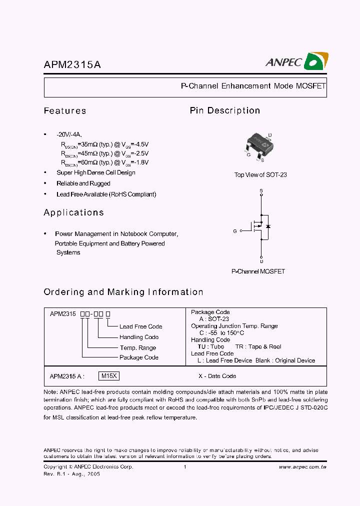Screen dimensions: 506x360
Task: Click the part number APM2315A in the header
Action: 72,65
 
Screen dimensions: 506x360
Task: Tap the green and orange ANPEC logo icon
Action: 316,61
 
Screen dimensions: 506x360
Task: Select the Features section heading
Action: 65,111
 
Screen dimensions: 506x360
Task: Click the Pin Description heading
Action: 224,110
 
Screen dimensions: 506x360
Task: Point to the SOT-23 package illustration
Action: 259,145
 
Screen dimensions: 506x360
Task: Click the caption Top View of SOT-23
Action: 260,175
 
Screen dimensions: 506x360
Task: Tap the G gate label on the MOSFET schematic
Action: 234,231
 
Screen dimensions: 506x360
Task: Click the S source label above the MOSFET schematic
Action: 261,191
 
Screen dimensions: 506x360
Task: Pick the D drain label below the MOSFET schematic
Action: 261,261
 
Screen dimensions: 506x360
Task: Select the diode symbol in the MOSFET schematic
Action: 268,226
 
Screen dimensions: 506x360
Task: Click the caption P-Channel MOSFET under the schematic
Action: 258,271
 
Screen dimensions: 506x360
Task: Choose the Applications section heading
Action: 73,212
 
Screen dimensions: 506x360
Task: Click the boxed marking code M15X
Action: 109,376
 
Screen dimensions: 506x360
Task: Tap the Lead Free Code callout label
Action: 140,326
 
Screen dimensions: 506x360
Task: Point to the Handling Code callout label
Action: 139,337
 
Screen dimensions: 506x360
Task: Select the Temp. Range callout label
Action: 137,347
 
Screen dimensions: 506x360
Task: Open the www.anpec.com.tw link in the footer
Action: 302,467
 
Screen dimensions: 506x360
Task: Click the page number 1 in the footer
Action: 185,467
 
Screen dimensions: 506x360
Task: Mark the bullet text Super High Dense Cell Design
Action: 95,172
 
